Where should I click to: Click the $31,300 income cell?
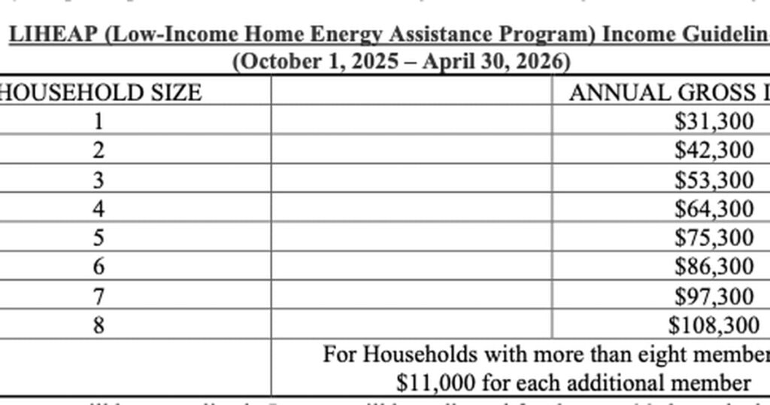(x=714, y=121)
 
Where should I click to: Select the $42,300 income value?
(x=714, y=150)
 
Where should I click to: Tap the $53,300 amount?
(x=714, y=180)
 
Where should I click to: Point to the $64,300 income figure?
(x=714, y=209)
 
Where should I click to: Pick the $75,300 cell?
(x=714, y=238)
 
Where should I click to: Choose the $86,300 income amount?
(x=714, y=266)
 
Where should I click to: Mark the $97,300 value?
(x=714, y=296)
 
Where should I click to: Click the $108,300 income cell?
(x=714, y=324)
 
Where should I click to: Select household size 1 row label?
(x=99, y=121)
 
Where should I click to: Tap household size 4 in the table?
(x=99, y=209)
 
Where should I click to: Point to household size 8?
(x=99, y=324)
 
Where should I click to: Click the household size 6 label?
(x=99, y=266)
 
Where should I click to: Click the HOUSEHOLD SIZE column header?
(x=101, y=93)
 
